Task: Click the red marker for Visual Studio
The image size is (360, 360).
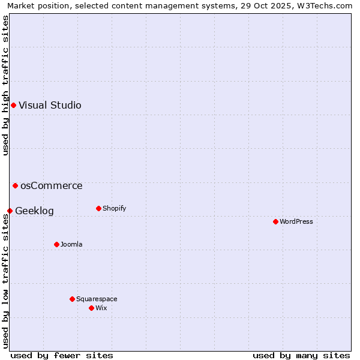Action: [13, 106]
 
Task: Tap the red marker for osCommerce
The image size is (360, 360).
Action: [15, 186]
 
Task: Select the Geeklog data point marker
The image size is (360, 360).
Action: [10, 211]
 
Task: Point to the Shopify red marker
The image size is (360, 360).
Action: [98, 209]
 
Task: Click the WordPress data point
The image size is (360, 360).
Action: [275, 222]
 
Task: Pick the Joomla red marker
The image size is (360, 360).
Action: [56, 244]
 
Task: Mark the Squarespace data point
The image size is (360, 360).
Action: [72, 299]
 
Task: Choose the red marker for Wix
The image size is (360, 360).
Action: [91, 308]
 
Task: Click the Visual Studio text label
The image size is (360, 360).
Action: [50, 106]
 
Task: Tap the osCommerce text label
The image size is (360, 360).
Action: [52, 186]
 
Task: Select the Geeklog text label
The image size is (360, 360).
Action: [34, 211]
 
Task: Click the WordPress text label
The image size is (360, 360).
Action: [296, 222]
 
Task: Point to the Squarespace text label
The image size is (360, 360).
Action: [97, 299]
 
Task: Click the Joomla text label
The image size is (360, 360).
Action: [71, 244]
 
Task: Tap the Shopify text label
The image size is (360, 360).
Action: [114, 209]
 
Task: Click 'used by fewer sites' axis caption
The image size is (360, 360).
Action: [62, 355]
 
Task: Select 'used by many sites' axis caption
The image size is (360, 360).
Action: [301, 355]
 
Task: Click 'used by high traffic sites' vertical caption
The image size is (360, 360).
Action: [5, 85]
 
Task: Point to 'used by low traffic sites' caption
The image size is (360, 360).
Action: [5, 282]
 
